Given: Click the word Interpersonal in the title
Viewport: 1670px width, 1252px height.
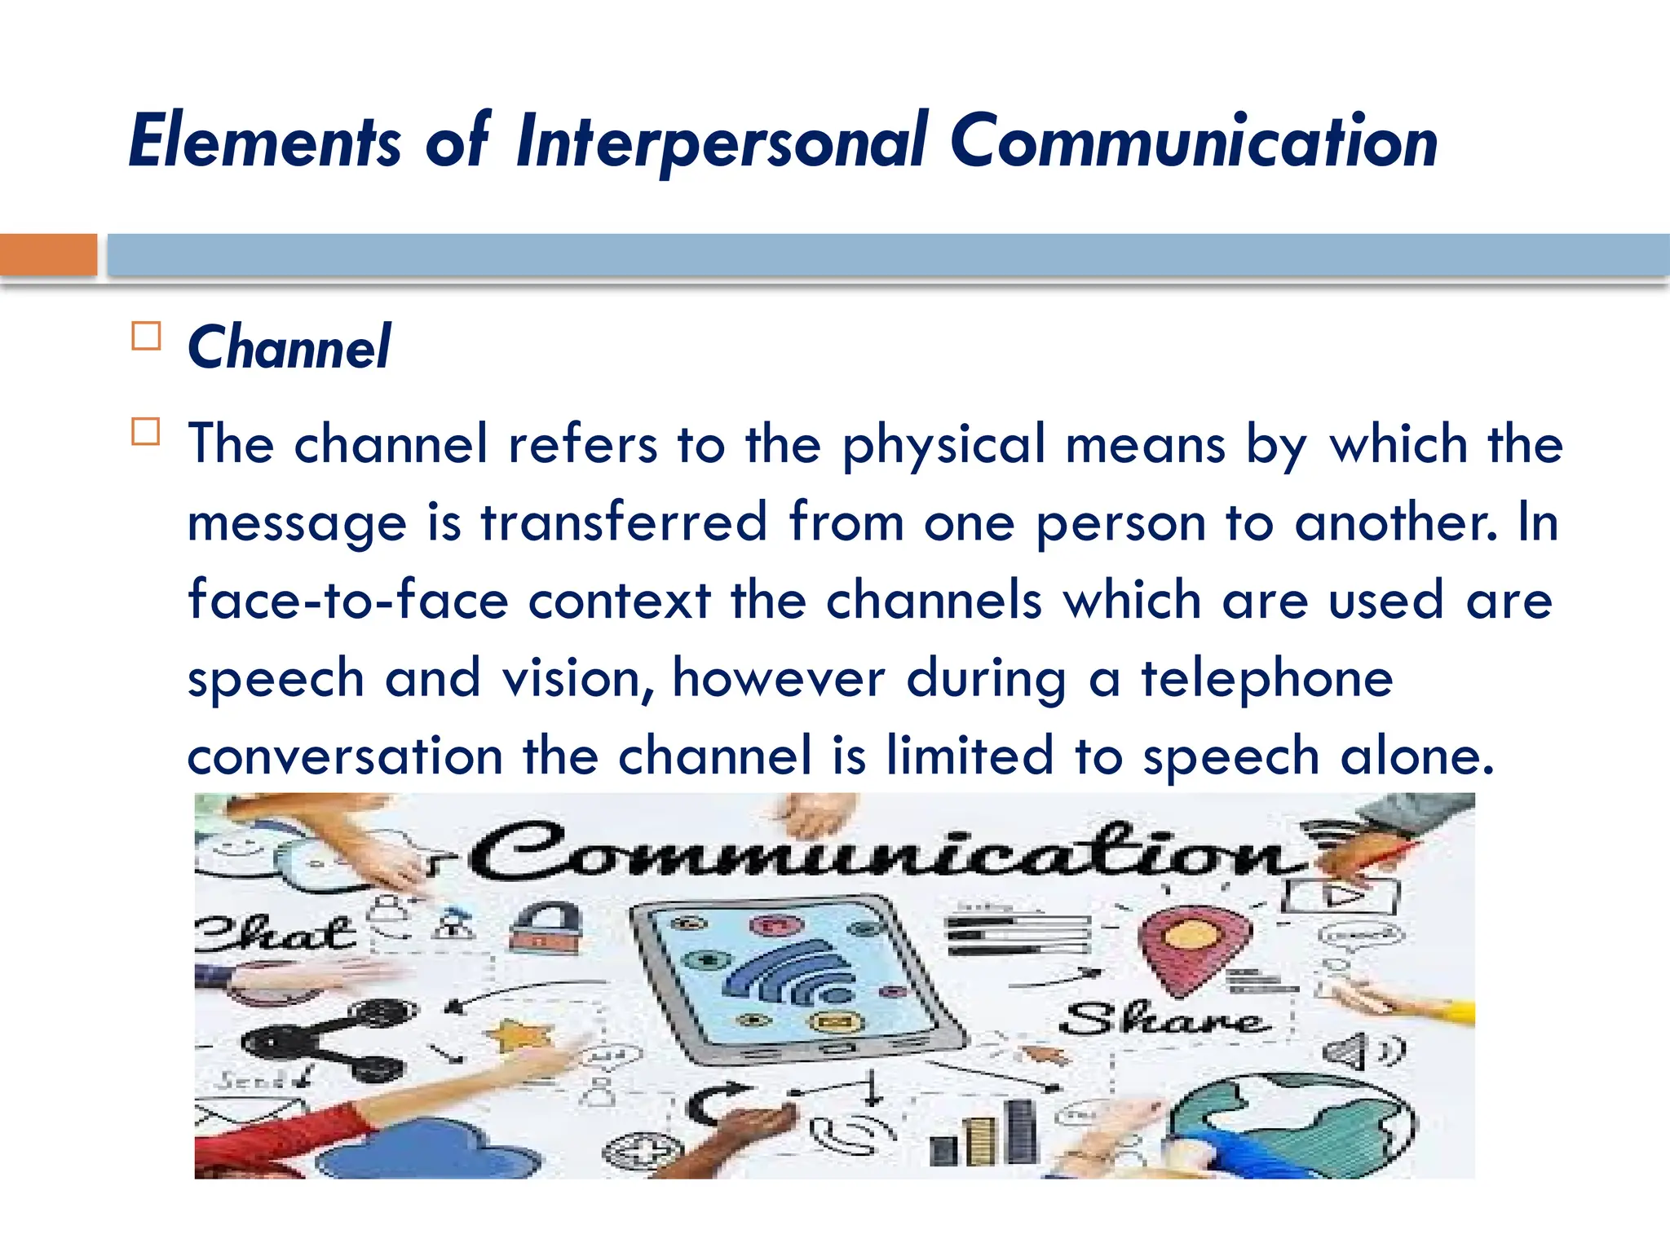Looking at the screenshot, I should [721, 143].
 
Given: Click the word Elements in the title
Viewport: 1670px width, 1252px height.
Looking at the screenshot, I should [265, 143].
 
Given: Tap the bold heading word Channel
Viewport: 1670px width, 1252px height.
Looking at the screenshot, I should [289, 347].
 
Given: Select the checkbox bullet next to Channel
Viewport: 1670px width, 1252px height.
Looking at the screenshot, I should [146, 336].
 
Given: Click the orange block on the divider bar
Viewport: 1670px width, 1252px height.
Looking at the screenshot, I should [48, 254].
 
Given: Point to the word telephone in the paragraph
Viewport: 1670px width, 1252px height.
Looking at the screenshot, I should [1266, 678].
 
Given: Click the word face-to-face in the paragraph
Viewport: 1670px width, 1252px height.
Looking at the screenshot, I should [348, 601].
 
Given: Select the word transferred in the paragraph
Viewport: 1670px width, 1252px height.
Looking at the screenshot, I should [624, 522].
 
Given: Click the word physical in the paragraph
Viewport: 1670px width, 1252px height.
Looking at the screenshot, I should [943, 445].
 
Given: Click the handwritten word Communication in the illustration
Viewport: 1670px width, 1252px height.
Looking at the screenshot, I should [885, 853].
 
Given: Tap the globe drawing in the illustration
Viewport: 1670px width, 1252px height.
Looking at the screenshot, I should [1297, 1125].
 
